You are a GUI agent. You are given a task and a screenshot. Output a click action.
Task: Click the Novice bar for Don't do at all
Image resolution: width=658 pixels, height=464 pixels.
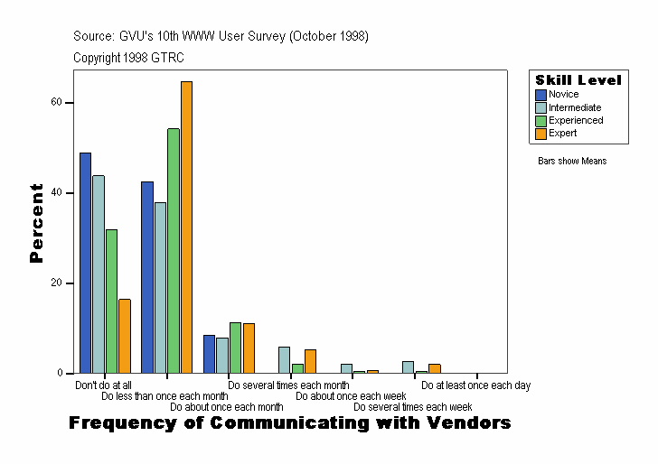[x=85, y=263]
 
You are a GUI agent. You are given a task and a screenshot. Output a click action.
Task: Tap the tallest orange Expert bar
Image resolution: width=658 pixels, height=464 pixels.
[x=186, y=227]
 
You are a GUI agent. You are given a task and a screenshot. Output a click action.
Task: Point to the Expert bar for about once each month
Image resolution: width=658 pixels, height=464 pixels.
[x=249, y=348]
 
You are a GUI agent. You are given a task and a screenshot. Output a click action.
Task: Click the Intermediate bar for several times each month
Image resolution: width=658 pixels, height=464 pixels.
[x=284, y=359]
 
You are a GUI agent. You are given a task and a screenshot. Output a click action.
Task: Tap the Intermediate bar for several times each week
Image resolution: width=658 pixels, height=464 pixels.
[x=408, y=367]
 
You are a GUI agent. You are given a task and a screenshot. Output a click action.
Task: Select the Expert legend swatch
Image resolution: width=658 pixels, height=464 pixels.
[x=540, y=134]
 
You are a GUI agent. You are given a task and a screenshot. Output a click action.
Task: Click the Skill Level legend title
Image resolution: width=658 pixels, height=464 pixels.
[x=578, y=80]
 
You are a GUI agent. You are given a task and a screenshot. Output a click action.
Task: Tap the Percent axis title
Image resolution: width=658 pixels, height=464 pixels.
[x=36, y=223]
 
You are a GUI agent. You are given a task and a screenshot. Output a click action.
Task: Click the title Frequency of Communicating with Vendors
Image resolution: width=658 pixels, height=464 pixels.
[x=289, y=422]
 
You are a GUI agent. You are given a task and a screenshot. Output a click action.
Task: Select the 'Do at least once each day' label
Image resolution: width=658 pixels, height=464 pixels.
[x=475, y=385]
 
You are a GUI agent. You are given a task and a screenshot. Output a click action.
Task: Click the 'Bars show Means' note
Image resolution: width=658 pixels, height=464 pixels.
[x=572, y=161]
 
